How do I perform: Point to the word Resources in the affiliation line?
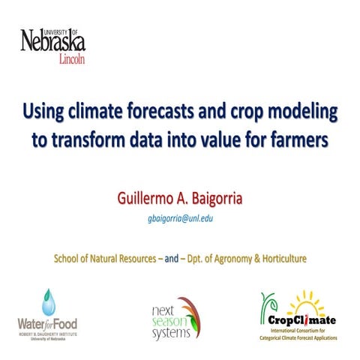[x=139, y=259]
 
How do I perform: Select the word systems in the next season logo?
[x=172, y=332]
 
